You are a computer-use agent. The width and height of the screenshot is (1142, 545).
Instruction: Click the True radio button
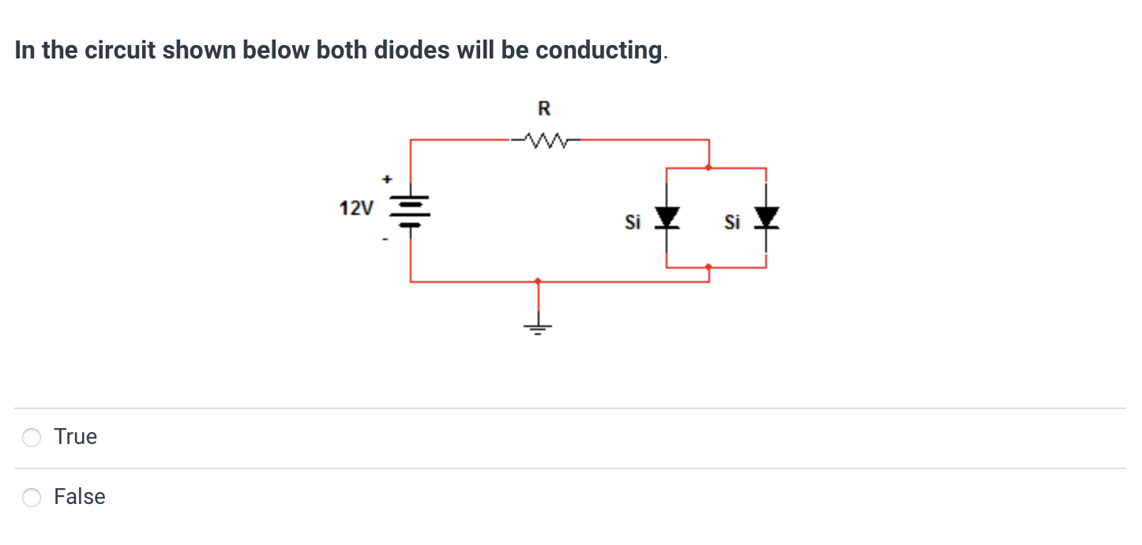coord(32,438)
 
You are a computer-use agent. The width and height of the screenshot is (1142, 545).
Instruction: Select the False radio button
coord(32,497)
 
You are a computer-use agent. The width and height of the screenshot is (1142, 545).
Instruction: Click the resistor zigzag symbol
coord(545,141)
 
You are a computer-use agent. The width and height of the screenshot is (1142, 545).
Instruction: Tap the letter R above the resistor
coord(544,108)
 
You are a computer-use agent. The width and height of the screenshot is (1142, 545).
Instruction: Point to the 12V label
coord(356,209)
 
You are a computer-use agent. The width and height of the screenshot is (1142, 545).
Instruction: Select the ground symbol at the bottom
coord(539,326)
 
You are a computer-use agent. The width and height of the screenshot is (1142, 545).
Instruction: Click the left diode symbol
coord(668,216)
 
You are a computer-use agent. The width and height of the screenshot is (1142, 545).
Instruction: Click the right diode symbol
coord(767,216)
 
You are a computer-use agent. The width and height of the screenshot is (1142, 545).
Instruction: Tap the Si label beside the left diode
coord(633,224)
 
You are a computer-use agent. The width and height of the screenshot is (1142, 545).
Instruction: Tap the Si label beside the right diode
coord(732,224)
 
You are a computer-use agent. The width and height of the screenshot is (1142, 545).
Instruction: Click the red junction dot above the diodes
coord(708,167)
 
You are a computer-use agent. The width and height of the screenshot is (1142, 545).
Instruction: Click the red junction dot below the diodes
coord(708,267)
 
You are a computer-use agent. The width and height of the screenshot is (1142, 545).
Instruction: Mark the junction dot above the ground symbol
coord(539,280)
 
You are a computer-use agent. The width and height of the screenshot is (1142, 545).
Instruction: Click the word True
coord(76,437)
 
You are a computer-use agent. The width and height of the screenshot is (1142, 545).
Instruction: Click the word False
coord(79,497)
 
